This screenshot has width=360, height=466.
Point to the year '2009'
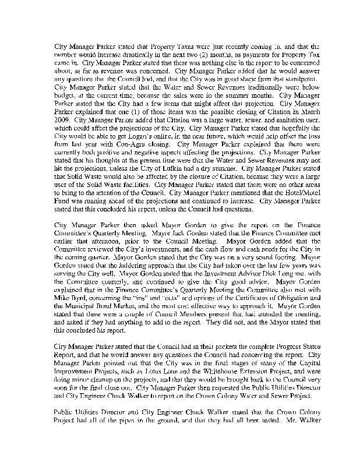click(x=62, y=124)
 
